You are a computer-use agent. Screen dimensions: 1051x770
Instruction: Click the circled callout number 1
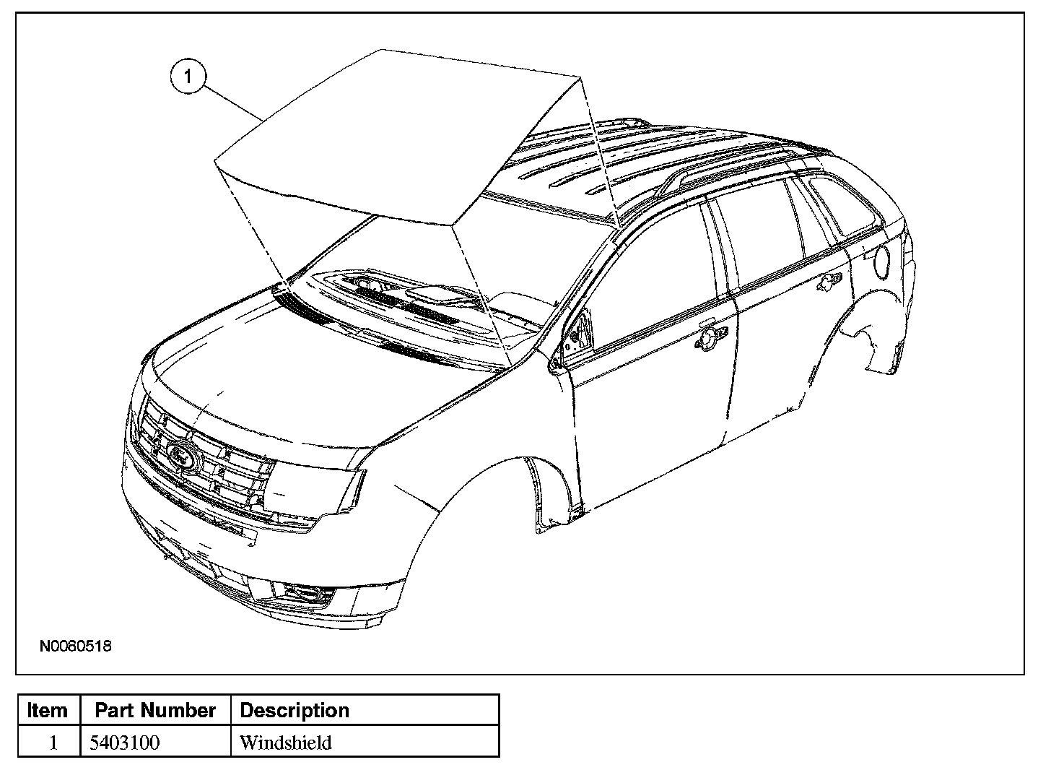click(188, 77)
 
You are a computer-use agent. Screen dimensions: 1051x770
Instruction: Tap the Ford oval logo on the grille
click(183, 455)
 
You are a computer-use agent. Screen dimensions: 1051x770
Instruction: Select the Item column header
click(48, 711)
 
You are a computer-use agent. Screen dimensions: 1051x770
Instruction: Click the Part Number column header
click(155, 711)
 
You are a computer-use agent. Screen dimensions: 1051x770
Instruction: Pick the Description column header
click(294, 711)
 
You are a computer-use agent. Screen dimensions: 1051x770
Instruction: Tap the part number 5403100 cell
click(124, 743)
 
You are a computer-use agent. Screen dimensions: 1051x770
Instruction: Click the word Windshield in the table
click(285, 743)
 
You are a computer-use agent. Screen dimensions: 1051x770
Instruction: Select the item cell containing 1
click(52, 743)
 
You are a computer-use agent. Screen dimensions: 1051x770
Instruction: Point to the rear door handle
click(828, 282)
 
